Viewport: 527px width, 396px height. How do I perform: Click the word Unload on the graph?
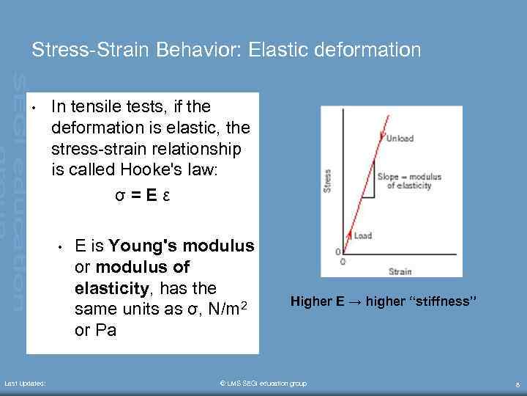click(x=400, y=139)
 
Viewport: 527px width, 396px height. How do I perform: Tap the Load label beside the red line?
click(x=363, y=235)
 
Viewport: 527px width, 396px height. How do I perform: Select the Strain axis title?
click(x=400, y=271)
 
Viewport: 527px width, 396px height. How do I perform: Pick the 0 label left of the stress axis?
click(x=338, y=252)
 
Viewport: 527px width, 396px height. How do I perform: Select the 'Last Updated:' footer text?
click(x=25, y=384)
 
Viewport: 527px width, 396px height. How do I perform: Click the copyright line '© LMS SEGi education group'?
click(x=263, y=384)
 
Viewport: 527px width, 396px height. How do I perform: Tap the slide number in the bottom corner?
click(x=517, y=384)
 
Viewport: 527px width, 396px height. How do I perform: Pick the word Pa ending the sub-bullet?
click(x=106, y=331)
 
